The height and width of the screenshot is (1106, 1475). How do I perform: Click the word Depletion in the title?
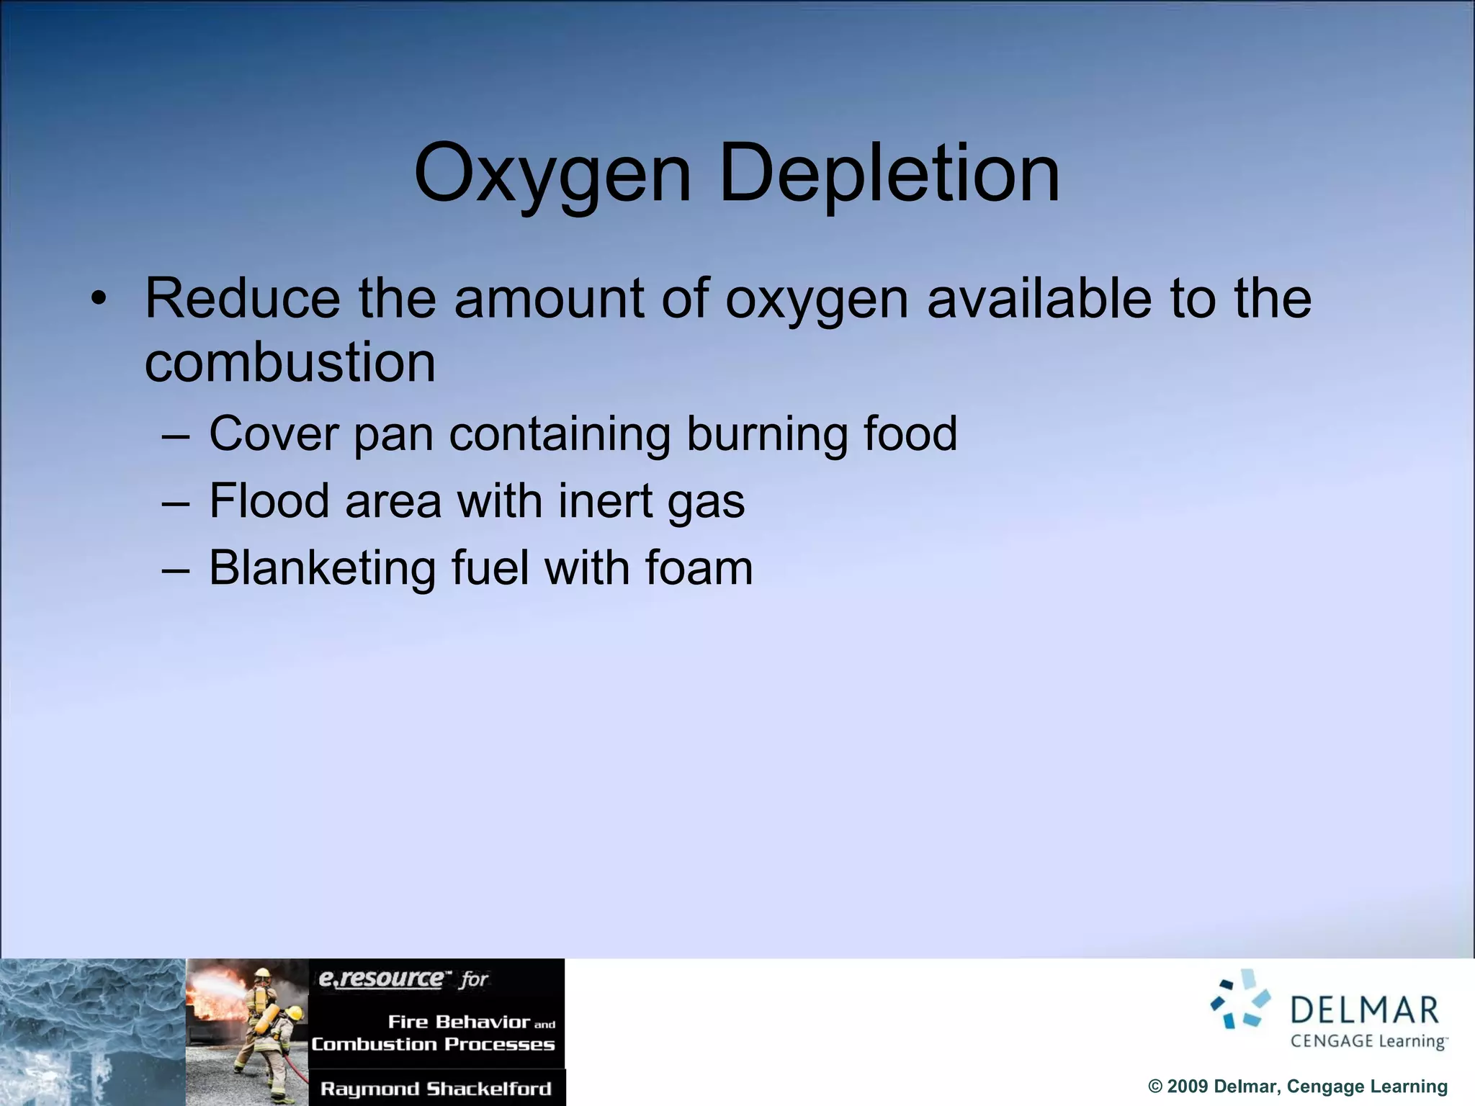[889, 175]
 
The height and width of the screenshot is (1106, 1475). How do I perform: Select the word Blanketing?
[322, 568]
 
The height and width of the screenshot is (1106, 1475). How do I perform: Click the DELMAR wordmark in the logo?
[1364, 1010]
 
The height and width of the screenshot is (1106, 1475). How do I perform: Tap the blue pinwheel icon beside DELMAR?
[1240, 999]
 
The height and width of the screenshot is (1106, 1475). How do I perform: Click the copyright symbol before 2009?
[1155, 1087]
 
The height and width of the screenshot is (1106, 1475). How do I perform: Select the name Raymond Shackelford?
[436, 1089]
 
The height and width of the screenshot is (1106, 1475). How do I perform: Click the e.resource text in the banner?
[381, 979]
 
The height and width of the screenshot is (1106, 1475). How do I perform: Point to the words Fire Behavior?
[459, 1022]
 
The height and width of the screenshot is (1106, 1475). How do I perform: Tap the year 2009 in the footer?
[1188, 1087]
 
